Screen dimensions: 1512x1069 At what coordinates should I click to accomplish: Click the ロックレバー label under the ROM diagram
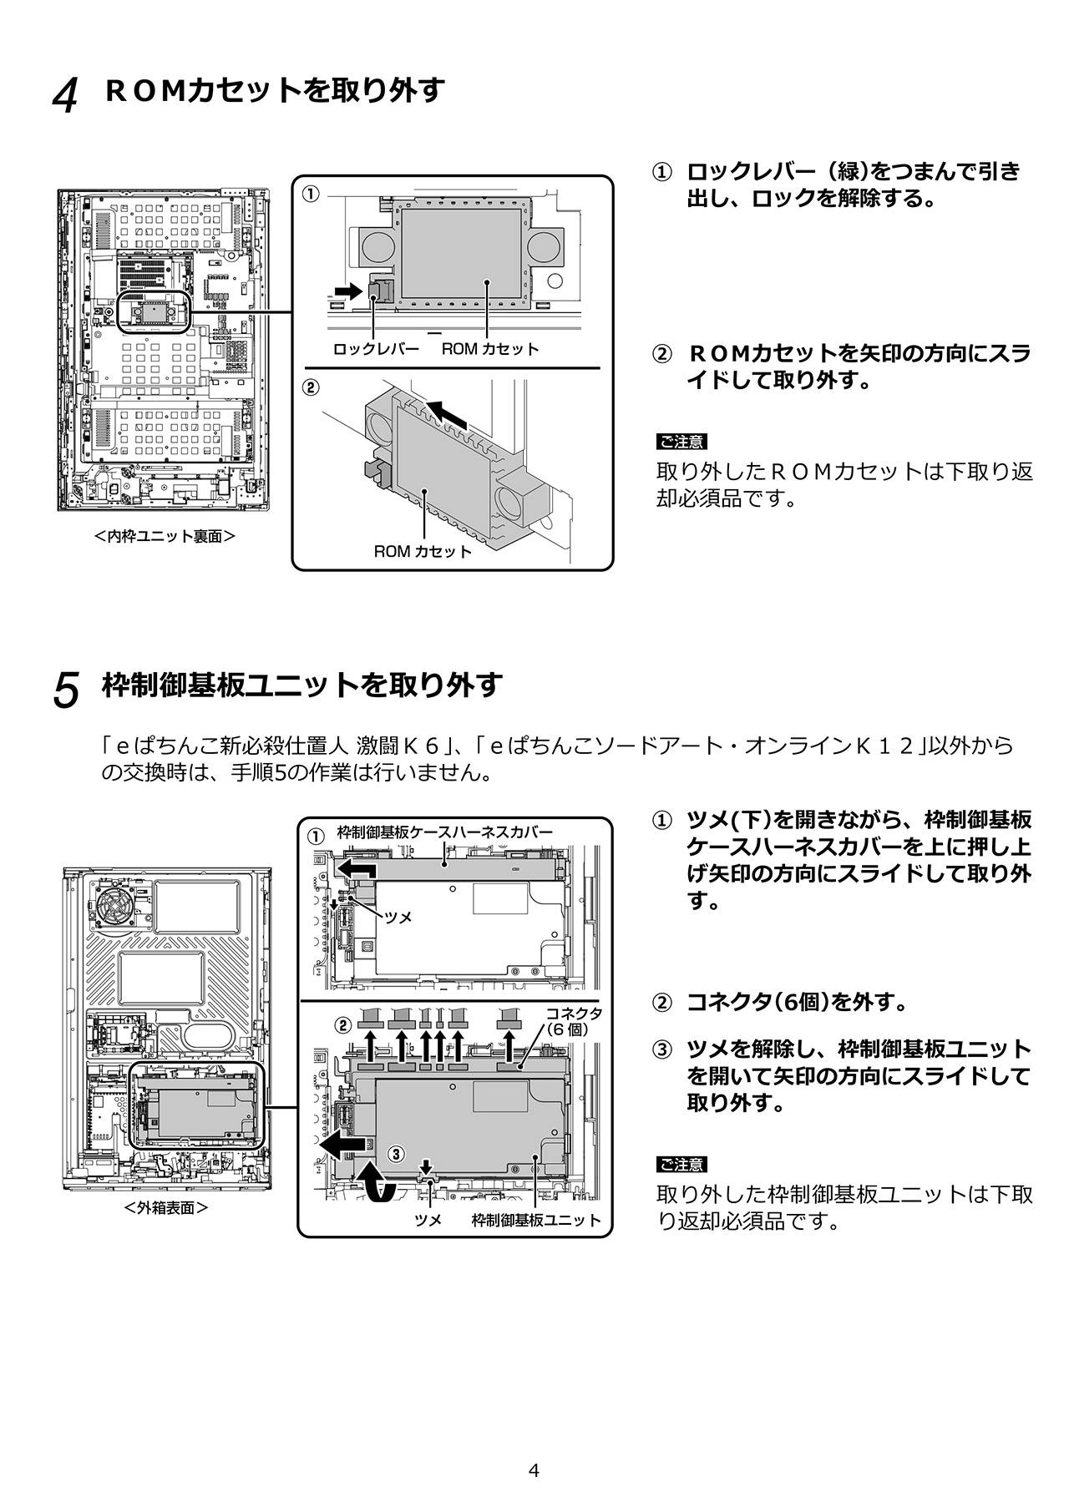tap(376, 349)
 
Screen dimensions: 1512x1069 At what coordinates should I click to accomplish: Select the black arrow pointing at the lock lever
tap(344, 291)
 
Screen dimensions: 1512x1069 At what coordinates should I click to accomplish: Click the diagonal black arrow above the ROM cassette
tap(443, 412)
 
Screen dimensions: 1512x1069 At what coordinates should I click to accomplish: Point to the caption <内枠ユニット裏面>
tap(165, 536)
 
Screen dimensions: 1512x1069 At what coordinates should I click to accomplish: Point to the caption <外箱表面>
tap(165, 1207)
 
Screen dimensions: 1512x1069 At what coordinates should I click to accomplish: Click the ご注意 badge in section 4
tap(681, 442)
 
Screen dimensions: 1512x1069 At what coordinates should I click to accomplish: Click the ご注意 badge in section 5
tap(681, 1164)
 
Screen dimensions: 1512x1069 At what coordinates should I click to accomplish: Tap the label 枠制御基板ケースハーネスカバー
tap(444, 832)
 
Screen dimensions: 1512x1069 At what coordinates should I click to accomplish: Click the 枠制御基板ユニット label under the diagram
tap(536, 1220)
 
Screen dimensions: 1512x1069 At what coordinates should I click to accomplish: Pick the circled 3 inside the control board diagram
tap(398, 1154)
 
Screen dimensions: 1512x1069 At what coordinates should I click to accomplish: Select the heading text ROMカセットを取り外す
tap(275, 89)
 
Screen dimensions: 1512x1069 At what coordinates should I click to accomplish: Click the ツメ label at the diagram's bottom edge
tap(428, 1220)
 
